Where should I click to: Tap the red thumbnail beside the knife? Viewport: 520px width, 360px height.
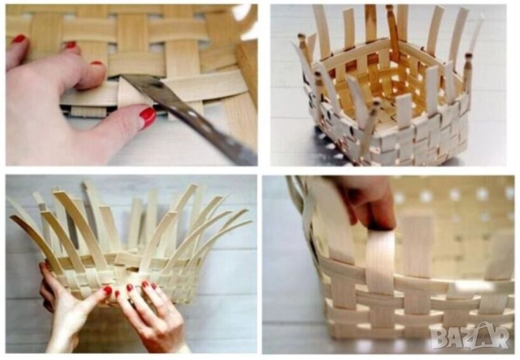[x=148, y=117]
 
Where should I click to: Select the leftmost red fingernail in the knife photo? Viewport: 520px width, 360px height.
[x=19, y=38]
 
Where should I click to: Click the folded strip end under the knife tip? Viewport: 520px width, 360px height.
[x=132, y=93]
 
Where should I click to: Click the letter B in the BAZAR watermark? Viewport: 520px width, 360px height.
[x=440, y=338]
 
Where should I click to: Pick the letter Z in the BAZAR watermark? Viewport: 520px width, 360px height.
[x=472, y=337]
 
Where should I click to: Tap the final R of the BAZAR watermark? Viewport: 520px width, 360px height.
[x=500, y=337]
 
